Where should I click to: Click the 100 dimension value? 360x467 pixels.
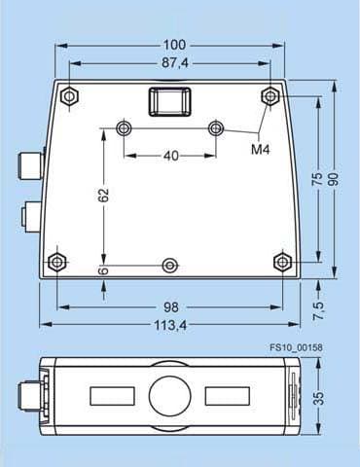pyautogui.click(x=174, y=45)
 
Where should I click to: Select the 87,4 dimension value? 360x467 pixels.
pyautogui.click(x=175, y=62)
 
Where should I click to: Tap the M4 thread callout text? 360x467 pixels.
pyautogui.click(x=261, y=150)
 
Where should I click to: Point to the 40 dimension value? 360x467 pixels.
pyautogui.click(x=171, y=156)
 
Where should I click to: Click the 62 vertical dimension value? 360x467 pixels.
pyautogui.click(x=103, y=196)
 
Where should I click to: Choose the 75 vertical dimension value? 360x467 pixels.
pyautogui.click(x=317, y=179)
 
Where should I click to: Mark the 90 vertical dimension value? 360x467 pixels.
pyautogui.click(x=333, y=179)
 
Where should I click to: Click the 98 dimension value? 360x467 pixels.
pyautogui.click(x=171, y=307)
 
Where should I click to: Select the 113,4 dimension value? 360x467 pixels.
pyautogui.click(x=170, y=325)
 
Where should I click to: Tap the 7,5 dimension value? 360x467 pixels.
pyautogui.click(x=318, y=310)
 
